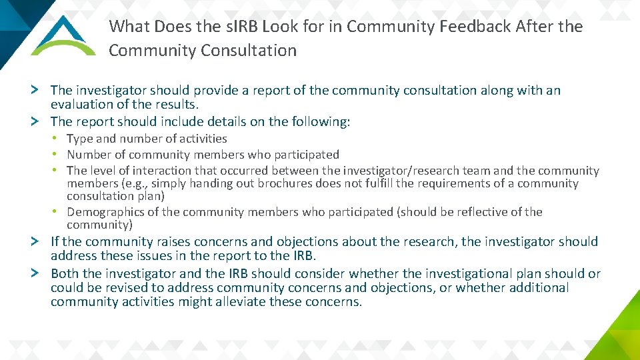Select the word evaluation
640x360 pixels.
click(x=83, y=105)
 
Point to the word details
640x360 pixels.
click(x=234, y=121)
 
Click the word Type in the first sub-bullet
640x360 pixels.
click(x=80, y=139)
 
